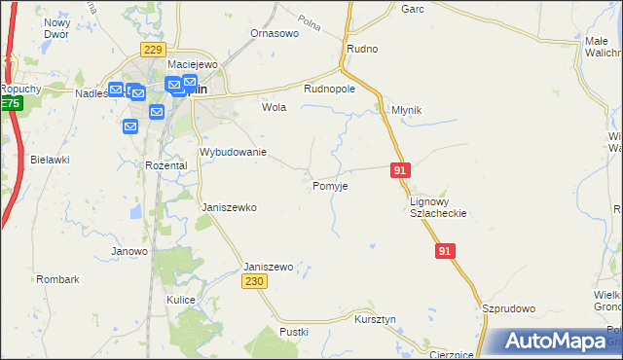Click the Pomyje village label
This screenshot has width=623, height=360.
point(331,185)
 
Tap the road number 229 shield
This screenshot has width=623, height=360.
point(151,50)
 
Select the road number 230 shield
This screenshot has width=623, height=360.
point(254,281)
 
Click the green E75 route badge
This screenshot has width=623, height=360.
point(10,103)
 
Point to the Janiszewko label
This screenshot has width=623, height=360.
point(228,207)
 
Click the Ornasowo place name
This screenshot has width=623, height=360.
point(274,33)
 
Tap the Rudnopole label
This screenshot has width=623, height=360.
point(329,88)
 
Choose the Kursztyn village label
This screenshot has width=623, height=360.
point(375,319)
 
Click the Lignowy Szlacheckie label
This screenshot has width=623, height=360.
point(438,206)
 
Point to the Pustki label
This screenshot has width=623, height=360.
point(294,332)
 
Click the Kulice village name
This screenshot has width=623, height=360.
point(181,300)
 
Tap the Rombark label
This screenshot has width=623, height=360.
point(57,279)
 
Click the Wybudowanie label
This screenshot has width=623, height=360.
point(233,153)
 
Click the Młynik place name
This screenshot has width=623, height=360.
point(405,110)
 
